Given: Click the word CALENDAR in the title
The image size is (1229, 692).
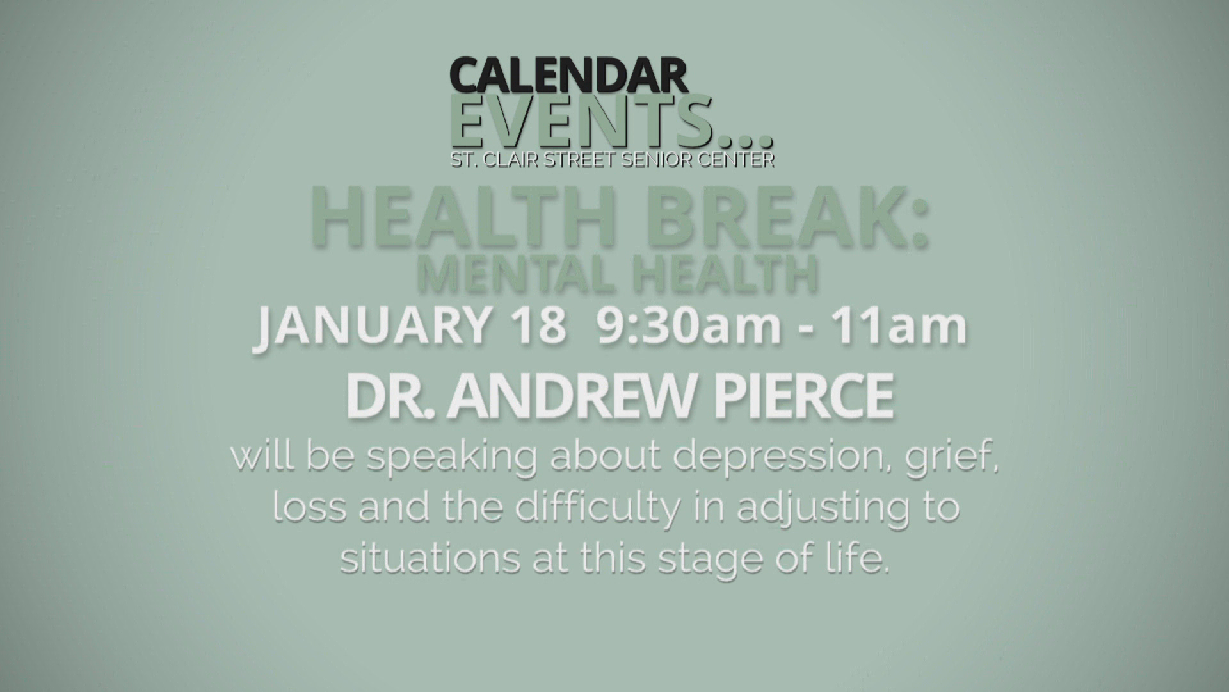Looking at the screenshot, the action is tap(568, 76).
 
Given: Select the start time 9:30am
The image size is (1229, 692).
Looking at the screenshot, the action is tap(689, 326).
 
